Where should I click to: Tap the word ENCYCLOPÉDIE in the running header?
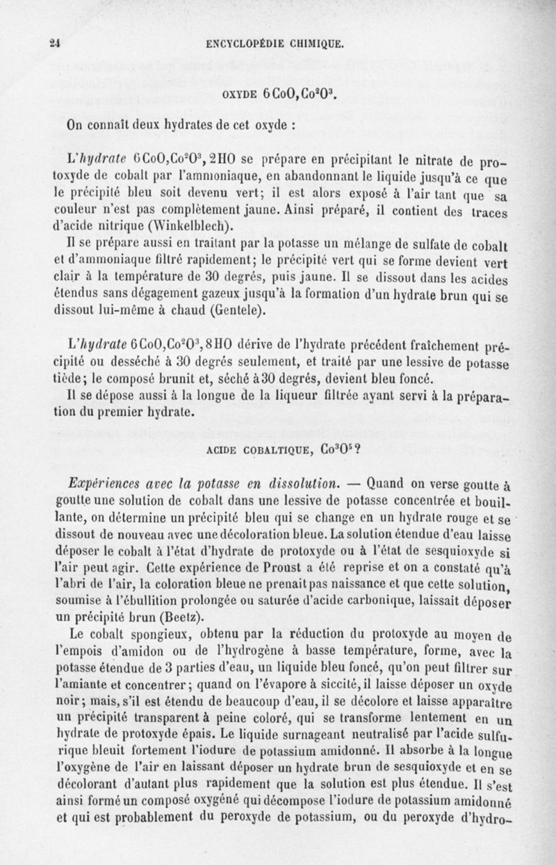(x=247, y=43)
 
